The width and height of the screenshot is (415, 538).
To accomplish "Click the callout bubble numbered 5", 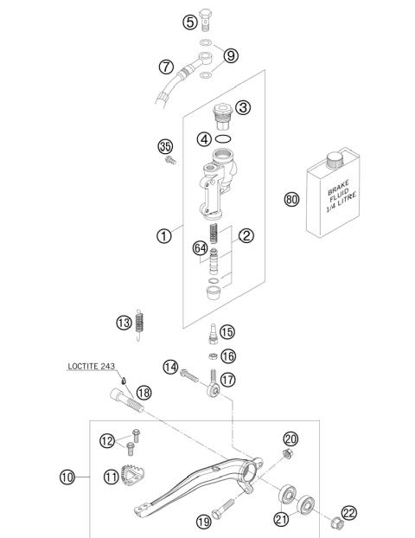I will coord(190,22).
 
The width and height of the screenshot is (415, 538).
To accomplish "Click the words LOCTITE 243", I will coord(93,367).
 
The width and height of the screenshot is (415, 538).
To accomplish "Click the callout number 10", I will coord(68,477).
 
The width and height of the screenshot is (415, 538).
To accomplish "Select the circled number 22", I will coord(348,513).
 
